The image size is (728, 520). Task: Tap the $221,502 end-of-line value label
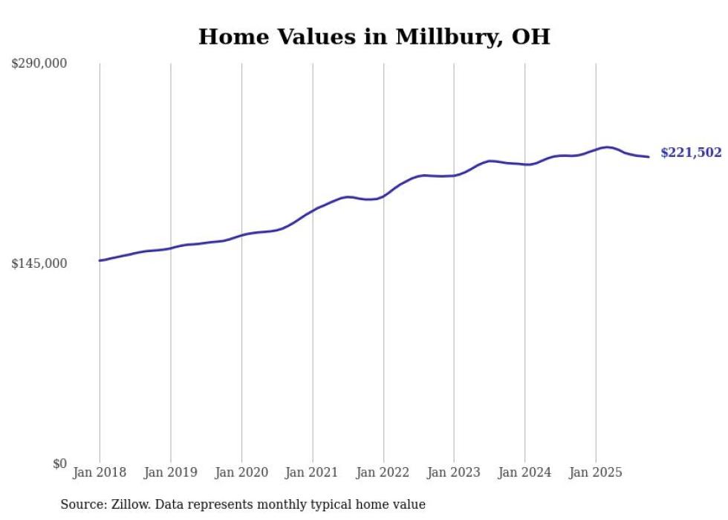click(690, 153)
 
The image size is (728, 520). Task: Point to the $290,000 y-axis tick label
click(39, 64)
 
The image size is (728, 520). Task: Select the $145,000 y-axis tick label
click(39, 263)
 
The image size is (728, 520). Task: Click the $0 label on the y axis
click(59, 463)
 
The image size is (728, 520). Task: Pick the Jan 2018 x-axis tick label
click(100, 472)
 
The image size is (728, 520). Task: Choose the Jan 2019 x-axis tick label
click(171, 472)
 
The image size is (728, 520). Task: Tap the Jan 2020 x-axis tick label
click(241, 472)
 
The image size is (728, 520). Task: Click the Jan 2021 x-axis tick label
click(312, 472)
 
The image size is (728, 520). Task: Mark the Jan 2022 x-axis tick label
click(383, 472)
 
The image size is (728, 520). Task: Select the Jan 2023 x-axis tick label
click(454, 472)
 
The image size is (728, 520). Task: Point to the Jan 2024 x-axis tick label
click(524, 472)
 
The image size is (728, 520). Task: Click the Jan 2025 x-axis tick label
click(595, 472)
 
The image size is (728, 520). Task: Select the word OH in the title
click(530, 37)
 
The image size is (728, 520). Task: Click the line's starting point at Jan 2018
click(100, 260)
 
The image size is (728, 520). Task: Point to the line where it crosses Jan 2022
click(383, 196)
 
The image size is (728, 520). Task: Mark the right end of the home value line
click(649, 156)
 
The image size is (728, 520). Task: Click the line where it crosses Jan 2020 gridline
click(241, 235)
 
